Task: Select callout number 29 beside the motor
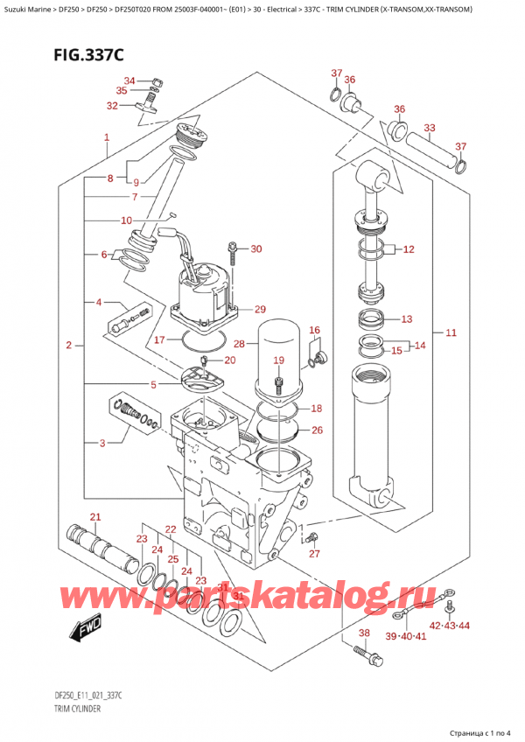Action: [x=259, y=310]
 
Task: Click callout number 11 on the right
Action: [x=451, y=333]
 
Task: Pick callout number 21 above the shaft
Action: [x=95, y=516]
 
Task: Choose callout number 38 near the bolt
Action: [x=364, y=633]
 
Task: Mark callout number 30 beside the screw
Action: [x=255, y=249]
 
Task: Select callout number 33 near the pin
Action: [x=429, y=128]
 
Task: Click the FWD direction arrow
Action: [x=74, y=629]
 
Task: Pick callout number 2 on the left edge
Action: [x=68, y=347]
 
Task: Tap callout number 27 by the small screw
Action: [x=315, y=552]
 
